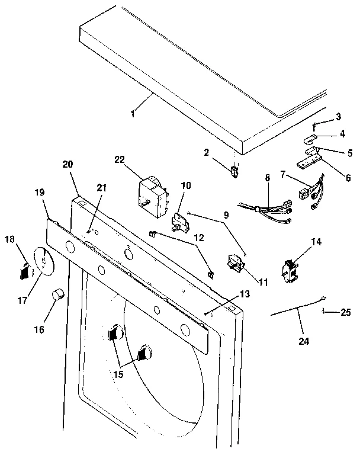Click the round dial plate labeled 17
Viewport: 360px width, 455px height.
[43, 261]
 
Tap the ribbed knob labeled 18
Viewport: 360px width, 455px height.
[23, 272]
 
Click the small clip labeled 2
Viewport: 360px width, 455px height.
[234, 172]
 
